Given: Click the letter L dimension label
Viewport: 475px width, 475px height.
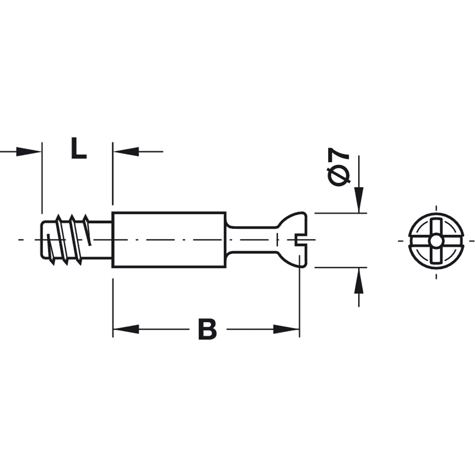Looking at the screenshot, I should (x=78, y=148).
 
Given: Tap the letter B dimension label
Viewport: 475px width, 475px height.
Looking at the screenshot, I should (x=207, y=330).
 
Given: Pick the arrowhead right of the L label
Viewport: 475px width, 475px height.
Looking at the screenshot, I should (x=126, y=152).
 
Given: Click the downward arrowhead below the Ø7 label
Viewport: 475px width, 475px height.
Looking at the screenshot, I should (x=359, y=199).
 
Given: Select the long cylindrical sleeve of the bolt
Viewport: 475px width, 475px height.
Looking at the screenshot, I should (x=169, y=240).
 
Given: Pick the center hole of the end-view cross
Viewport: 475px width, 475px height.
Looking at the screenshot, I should (x=436, y=240).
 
